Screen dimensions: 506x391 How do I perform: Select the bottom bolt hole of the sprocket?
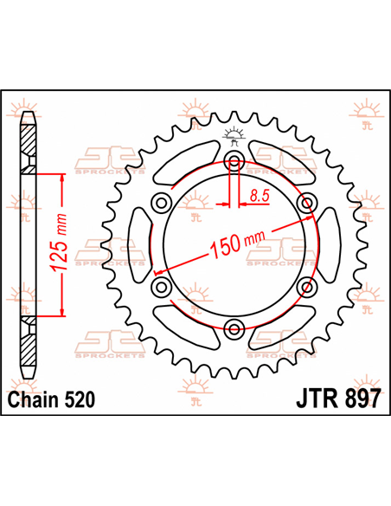click(x=232, y=328)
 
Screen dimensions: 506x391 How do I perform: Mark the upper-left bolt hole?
click(x=160, y=203)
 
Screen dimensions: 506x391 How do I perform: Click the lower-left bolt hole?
click(x=160, y=286)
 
